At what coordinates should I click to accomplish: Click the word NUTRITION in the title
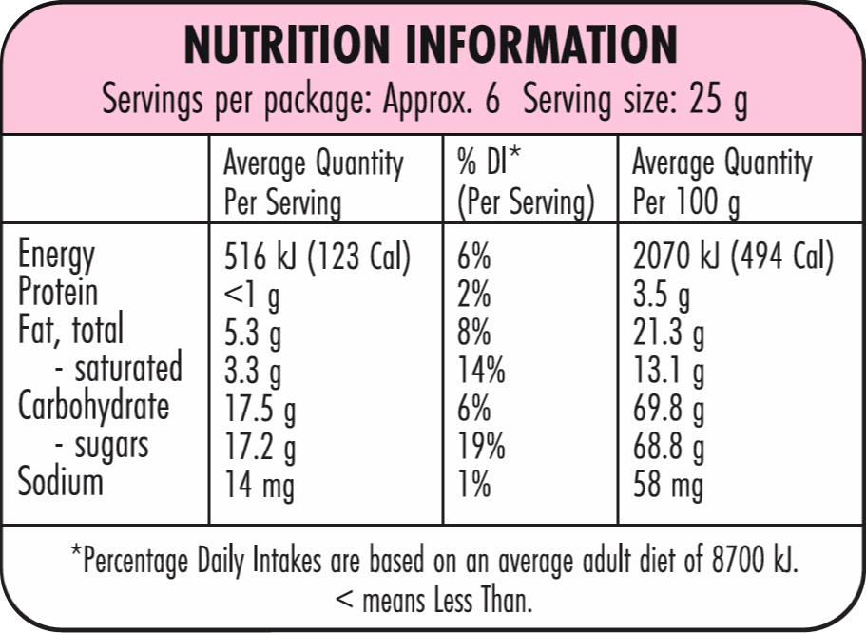click(287, 45)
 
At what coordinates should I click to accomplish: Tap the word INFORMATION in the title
click(541, 45)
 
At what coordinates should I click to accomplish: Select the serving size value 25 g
click(718, 100)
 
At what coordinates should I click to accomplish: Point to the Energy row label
click(56, 256)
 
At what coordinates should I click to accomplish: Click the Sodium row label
click(60, 481)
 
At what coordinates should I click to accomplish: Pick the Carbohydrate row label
click(93, 408)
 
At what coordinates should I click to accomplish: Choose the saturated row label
click(128, 368)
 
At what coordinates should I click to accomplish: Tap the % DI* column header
click(489, 162)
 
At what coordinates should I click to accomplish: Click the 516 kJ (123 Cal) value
click(318, 257)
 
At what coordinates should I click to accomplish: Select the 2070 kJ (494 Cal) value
click(734, 257)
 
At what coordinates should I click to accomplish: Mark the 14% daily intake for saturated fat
click(481, 370)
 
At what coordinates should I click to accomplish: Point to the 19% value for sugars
click(481, 445)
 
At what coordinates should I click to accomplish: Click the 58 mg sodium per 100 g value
click(667, 485)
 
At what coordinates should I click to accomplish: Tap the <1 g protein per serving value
click(252, 296)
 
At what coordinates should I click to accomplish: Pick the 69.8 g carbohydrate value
click(668, 410)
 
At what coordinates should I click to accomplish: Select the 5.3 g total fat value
click(253, 333)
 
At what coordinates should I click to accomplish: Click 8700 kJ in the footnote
click(755, 560)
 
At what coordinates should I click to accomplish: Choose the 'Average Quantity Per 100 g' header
click(722, 182)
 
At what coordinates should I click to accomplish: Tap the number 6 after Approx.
click(492, 99)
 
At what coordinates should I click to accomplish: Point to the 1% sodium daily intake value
click(473, 484)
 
